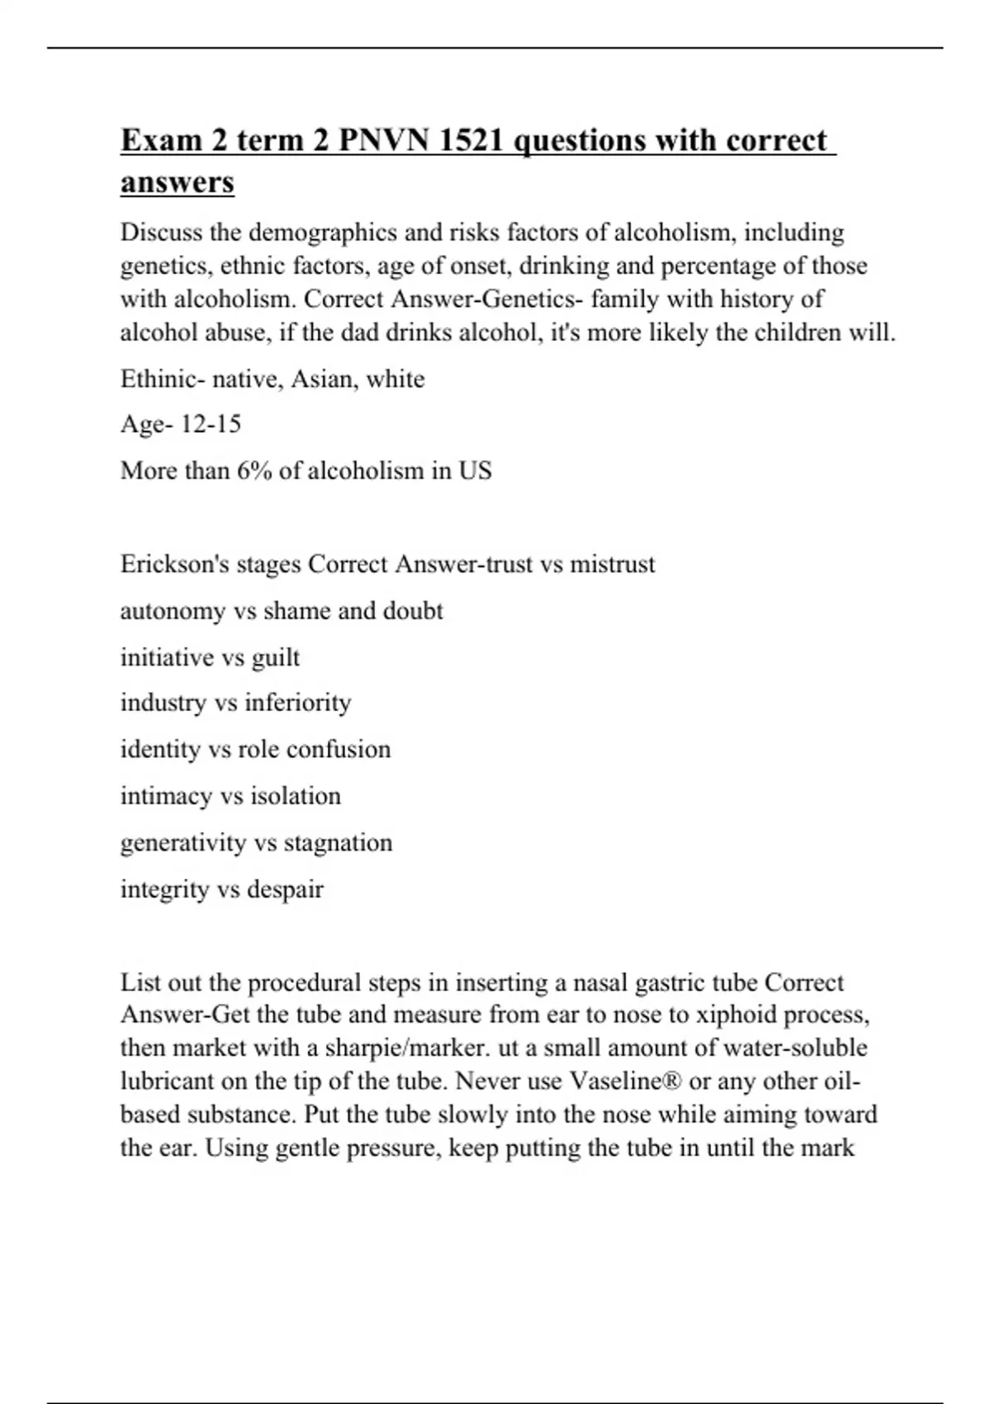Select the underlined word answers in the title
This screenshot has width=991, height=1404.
(x=178, y=183)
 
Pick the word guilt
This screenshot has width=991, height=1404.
(x=276, y=657)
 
